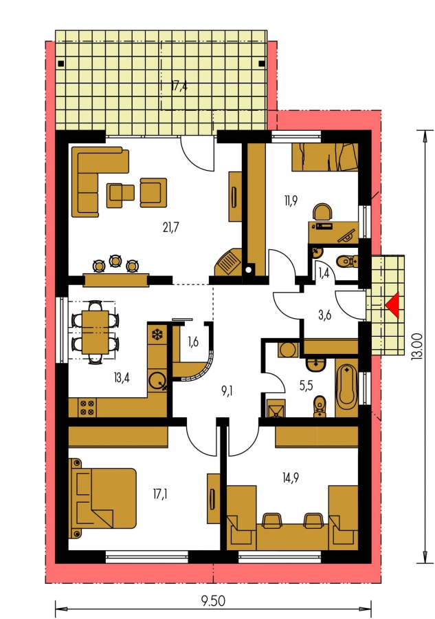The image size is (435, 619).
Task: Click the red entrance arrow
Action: click(x=394, y=305)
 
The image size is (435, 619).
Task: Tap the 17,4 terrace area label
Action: click(x=179, y=87)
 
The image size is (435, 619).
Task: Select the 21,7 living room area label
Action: click(x=171, y=227)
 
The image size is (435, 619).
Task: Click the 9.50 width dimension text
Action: click(x=213, y=601)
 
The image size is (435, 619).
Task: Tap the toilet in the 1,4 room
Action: click(x=346, y=261)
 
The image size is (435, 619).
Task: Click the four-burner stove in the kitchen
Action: click(x=87, y=408)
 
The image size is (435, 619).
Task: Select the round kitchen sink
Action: click(x=157, y=381)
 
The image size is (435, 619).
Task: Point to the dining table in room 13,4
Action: click(x=95, y=332)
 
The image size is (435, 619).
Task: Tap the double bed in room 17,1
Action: click(x=102, y=498)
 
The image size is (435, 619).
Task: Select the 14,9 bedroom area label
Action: click(x=291, y=479)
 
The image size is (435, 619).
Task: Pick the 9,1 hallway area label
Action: click(x=227, y=391)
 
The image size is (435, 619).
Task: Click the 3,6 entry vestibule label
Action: click(x=324, y=315)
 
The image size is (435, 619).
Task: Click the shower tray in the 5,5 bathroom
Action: click(x=276, y=408)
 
